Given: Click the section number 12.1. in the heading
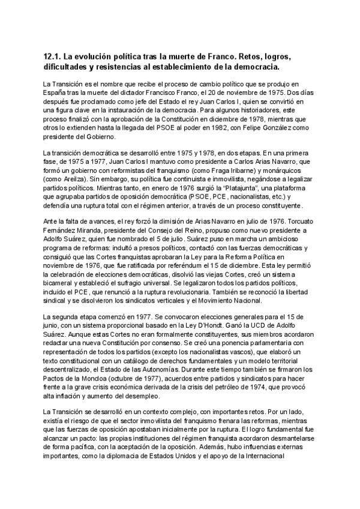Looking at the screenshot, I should tap(55, 56).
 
